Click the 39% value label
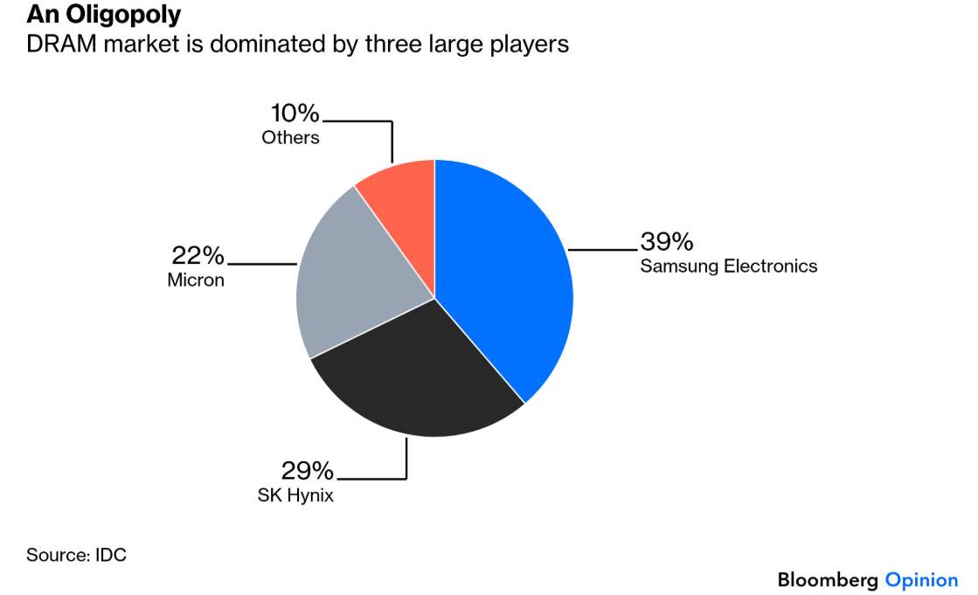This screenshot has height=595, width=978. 666,241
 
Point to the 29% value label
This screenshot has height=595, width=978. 307,470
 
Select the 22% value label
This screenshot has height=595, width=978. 198,255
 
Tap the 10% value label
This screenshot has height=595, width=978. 295,113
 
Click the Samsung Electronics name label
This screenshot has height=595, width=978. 729,266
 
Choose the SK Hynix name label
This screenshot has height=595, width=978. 295,495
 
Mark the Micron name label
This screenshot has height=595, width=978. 196,280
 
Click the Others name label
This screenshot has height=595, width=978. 291,137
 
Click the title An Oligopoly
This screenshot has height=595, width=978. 103,15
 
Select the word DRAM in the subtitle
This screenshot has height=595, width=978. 61,45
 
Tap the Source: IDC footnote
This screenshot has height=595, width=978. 76,555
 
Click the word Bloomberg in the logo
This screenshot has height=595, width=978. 829,581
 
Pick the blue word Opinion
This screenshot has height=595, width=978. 921,581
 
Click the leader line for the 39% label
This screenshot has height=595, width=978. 602,250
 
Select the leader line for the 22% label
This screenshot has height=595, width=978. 262,264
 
